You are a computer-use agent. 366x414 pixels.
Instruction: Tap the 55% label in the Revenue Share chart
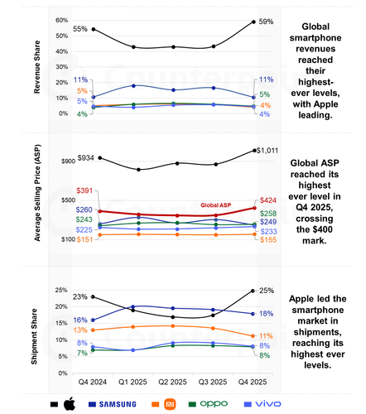[80, 28]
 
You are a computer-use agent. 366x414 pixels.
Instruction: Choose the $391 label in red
[87, 190]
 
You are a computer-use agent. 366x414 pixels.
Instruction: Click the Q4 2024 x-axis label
[92, 381]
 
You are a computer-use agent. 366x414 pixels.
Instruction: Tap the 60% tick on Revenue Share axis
[61, 20]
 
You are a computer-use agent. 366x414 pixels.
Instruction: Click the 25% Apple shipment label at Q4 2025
[267, 291]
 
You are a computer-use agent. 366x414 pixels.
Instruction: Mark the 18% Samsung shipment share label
[267, 314]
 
